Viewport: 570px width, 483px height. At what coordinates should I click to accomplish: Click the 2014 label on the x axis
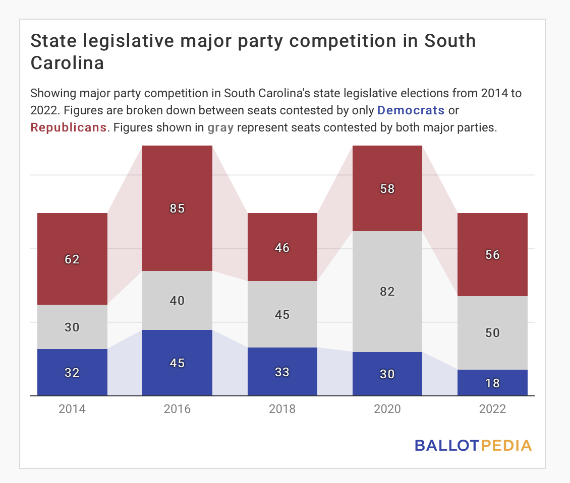pyautogui.click(x=72, y=408)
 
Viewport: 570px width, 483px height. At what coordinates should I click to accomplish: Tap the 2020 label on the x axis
pyautogui.click(x=387, y=408)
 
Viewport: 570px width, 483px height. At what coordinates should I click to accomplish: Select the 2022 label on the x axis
pyautogui.click(x=492, y=408)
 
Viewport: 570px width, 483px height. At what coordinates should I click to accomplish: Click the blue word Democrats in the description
pyautogui.click(x=411, y=110)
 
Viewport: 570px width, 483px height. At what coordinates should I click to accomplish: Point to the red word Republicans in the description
pyautogui.click(x=69, y=127)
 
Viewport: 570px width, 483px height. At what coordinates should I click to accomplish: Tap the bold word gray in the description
pyautogui.click(x=220, y=127)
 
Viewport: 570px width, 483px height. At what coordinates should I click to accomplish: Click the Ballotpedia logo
pyautogui.click(x=473, y=445)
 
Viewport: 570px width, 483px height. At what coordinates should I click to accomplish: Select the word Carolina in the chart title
pyautogui.click(x=68, y=63)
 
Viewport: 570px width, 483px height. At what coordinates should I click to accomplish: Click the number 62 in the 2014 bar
pyautogui.click(x=72, y=259)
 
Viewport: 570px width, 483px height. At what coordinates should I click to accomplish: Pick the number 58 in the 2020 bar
pyautogui.click(x=387, y=189)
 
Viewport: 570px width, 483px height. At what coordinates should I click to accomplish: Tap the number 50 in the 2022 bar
pyautogui.click(x=492, y=333)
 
